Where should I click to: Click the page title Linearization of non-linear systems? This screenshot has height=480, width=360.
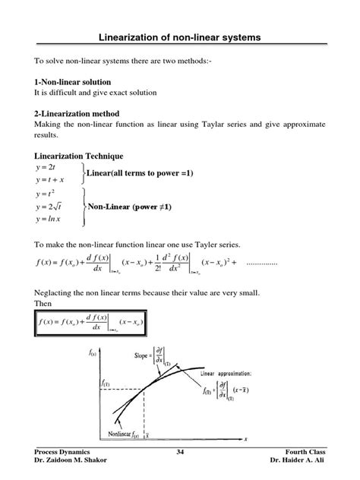180,37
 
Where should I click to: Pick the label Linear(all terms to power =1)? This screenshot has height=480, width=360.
141,174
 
